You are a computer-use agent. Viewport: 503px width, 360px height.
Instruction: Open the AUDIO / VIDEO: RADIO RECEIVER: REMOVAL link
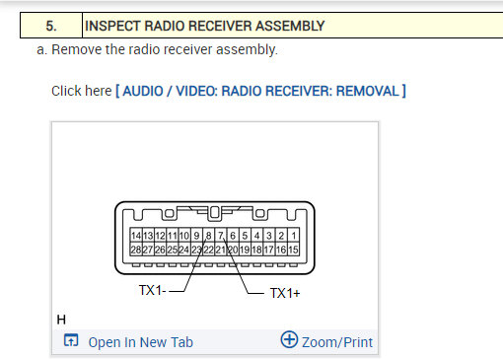pyautogui.click(x=260, y=91)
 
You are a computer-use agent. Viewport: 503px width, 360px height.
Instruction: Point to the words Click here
pyautogui.click(x=81, y=91)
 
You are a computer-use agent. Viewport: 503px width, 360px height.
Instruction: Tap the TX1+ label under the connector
pyautogui.click(x=286, y=292)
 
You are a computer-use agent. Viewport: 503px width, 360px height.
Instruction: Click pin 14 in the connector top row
pyautogui.click(x=136, y=237)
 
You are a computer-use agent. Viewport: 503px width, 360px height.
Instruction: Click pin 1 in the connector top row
pyautogui.click(x=293, y=237)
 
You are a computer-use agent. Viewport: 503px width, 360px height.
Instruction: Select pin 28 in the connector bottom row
pyautogui.click(x=136, y=251)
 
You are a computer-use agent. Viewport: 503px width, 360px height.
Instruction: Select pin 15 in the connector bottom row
pyautogui.click(x=293, y=251)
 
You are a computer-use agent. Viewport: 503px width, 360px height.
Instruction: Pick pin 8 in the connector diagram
pyautogui.click(x=209, y=237)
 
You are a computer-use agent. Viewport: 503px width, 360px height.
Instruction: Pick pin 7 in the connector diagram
pyautogui.click(x=222, y=237)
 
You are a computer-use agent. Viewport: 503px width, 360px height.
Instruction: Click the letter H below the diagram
pyautogui.click(x=61, y=321)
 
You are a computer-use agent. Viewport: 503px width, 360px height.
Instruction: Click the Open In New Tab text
pyautogui.click(x=140, y=342)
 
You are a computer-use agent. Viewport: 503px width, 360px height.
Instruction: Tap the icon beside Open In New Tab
pyautogui.click(x=70, y=341)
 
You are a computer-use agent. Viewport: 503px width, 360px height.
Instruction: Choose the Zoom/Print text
pyautogui.click(x=337, y=342)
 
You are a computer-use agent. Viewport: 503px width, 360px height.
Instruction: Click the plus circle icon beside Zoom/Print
pyautogui.click(x=289, y=340)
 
